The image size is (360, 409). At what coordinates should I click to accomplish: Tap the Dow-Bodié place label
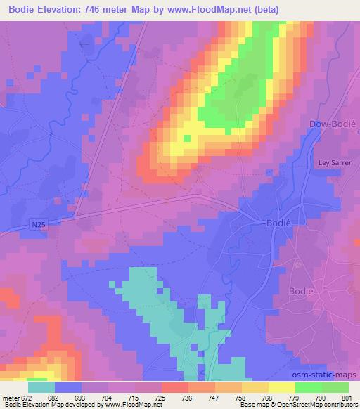pyautogui.click(x=333, y=124)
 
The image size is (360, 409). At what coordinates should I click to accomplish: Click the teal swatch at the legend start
pyautogui.click(x=41, y=387)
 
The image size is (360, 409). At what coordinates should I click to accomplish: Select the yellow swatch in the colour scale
pyautogui.click(x=281, y=387)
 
